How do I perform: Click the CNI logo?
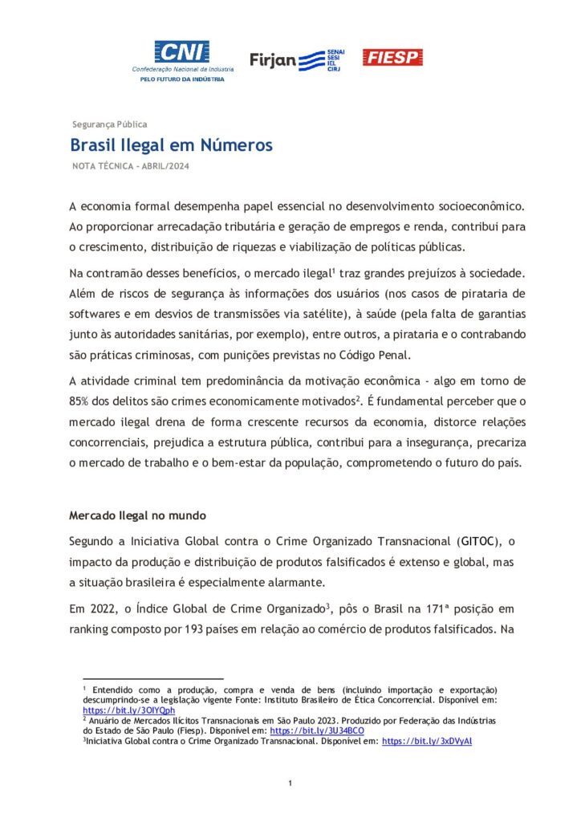[181, 53]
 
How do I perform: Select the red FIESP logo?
[392, 57]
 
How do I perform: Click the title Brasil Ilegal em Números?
[171, 145]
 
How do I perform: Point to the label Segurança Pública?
[109, 124]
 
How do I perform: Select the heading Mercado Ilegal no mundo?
[137, 515]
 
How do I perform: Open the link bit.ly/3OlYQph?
[118, 710]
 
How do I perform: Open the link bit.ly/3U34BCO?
[316, 731]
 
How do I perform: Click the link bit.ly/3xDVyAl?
[427, 742]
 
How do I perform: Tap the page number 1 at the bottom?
[290, 783]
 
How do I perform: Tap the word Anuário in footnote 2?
[107, 721]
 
